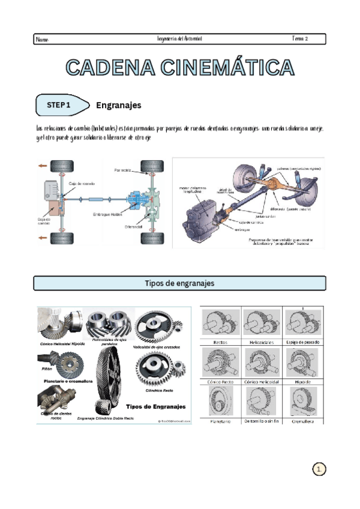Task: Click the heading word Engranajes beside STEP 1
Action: (x=119, y=105)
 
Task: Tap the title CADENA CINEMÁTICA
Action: (x=180, y=67)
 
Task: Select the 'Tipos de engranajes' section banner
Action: (x=179, y=283)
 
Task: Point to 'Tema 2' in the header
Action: (x=300, y=39)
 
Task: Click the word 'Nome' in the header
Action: (x=42, y=40)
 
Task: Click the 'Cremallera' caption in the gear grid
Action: (x=303, y=421)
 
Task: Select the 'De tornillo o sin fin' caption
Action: (x=262, y=421)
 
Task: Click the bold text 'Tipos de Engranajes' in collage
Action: (x=158, y=405)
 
